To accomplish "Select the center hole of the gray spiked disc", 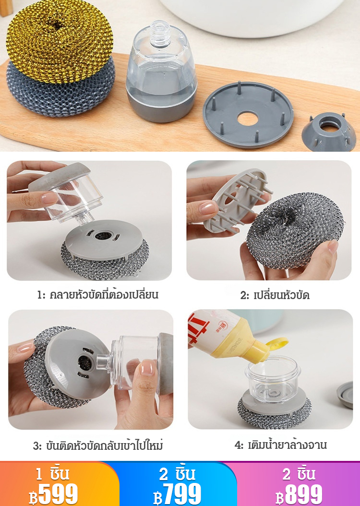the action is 248,119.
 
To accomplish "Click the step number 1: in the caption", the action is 42,295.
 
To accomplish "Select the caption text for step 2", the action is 275,295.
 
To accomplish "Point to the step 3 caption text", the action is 98,446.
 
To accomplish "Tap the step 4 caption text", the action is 281,445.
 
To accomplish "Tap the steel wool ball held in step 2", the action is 294,229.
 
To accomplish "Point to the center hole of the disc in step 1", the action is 103,235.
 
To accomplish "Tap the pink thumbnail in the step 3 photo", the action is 147,368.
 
